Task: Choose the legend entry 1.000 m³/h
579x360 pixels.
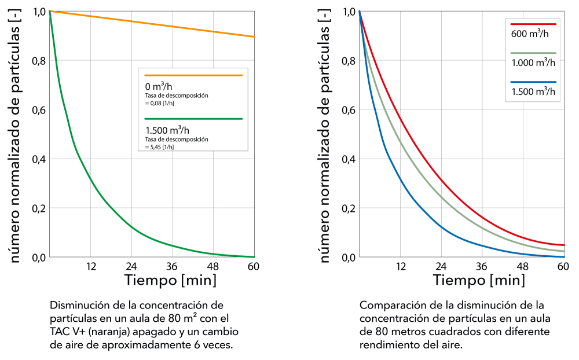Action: coord(533,63)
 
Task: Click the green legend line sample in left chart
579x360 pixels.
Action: coord(193,119)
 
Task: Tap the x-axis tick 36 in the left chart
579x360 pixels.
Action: coord(171,267)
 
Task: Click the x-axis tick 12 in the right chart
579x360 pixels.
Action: coord(400,267)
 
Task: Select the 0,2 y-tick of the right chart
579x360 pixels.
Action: coord(350,208)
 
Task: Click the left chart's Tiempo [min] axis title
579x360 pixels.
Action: coord(171,281)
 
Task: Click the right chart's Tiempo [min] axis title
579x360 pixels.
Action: coord(480,281)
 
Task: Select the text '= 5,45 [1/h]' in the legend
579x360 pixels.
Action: coord(159,146)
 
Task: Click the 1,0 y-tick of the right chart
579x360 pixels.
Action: coord(350,12)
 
